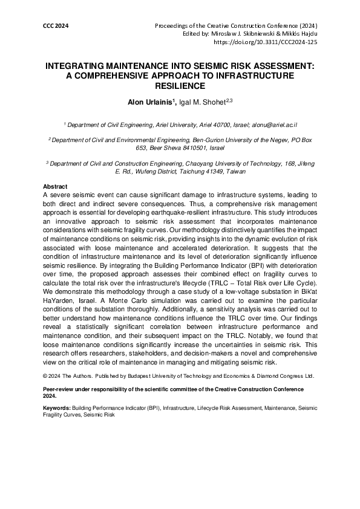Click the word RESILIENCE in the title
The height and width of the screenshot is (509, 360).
[x=180, y=86]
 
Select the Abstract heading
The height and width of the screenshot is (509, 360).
[x=55, y=186]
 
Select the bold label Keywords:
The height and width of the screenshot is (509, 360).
[x=57, y=409]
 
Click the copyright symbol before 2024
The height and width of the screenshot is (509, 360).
[x=46, y=375]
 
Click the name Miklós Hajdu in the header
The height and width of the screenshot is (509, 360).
[x=300, y=35]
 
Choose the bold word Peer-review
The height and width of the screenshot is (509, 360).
[x=60, y=389]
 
